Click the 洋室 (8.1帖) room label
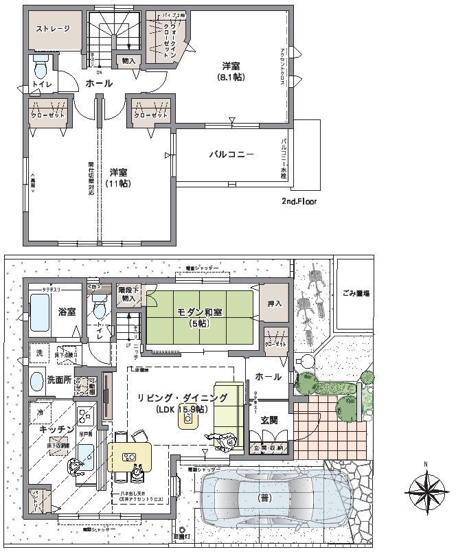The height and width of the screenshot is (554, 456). [231, 71]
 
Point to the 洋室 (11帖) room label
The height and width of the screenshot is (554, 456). [119, 178]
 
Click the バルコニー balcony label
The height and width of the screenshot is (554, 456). [231, 154]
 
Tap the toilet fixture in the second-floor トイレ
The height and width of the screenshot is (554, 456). [40, 68]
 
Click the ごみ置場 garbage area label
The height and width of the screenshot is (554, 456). [356, 293]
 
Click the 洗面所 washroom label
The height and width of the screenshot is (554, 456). [60, 379]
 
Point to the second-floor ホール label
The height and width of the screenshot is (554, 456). [99, 83]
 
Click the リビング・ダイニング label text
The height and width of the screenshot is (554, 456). [181, 398]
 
